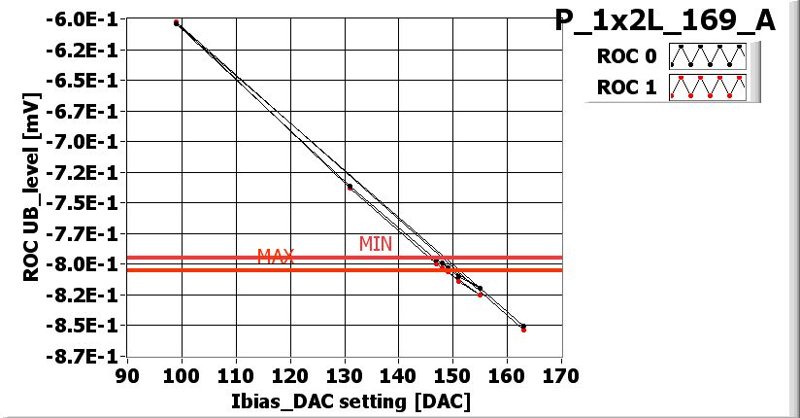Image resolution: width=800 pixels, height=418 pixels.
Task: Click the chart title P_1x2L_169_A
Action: [665, 20]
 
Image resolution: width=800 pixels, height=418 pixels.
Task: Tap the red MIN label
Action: [376, 244]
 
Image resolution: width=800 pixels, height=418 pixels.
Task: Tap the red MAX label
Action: [275, 257]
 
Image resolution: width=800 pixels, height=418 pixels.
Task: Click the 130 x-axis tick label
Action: [344, 376]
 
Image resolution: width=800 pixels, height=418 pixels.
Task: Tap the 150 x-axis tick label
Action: [452, 376]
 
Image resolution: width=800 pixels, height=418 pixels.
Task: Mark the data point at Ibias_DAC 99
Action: [177, 22]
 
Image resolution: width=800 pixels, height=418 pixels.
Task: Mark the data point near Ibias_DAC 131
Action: [350, 187]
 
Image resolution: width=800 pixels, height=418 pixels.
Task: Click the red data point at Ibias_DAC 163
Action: [523, 330]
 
